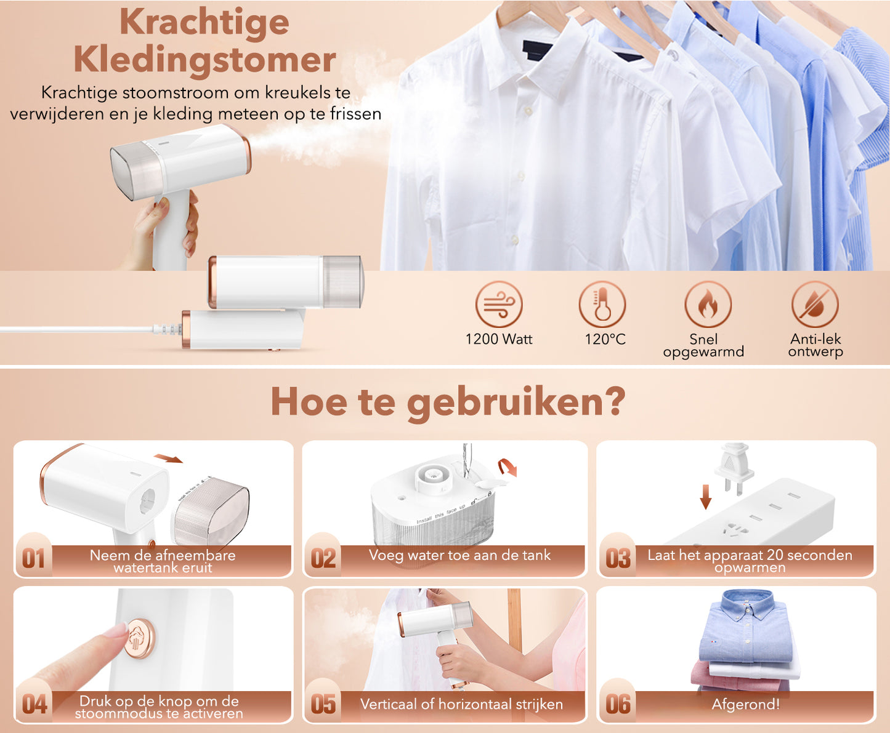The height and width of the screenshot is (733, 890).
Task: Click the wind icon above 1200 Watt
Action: click(x=499, y=304)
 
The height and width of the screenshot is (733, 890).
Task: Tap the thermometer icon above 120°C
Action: click(x=602, y=304)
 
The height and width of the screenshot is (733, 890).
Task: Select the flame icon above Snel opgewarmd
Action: click(x=708, y=304)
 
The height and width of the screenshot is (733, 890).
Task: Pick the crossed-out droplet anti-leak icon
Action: click(x=815, y=304)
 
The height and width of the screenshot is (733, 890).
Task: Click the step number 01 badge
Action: click(x=33, y=558)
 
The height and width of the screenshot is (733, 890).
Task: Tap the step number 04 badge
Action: click(x=34, y=704)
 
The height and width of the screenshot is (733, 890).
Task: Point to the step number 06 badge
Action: click(x=618, y=704)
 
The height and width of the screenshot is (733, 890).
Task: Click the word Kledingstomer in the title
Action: click(x=204, y=60)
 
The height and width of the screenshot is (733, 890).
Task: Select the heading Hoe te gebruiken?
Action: click(x=448, y=403)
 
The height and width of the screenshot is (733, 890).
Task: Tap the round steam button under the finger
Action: click(x=140, y=638)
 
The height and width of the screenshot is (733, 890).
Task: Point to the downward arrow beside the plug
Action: click(x=705, y=497)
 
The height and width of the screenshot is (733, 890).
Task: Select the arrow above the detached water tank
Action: click(x=168, y=459)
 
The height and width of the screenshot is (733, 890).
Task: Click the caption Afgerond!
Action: click(x=745, y=704)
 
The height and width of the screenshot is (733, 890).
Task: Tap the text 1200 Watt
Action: click(x=499, y=339)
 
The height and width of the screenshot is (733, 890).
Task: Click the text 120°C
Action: click(x=605, y=339)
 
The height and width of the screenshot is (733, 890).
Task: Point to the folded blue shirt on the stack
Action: click(x=746, y=626)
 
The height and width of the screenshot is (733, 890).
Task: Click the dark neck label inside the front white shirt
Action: click(x=538, y=51)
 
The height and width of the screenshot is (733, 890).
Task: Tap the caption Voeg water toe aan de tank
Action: click(x=459, y=555)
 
